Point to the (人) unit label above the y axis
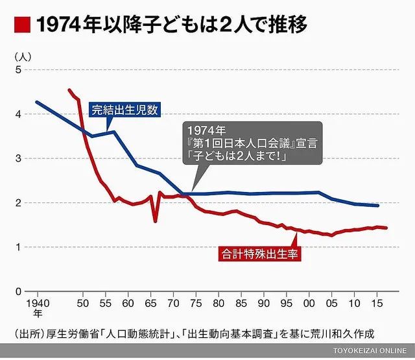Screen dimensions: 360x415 click(x=21, y=56)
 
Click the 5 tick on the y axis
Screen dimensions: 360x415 click(x=18, y=70)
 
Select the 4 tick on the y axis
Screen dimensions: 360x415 click(x=18, y=114)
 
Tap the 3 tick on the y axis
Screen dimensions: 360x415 click(x=18, y=158)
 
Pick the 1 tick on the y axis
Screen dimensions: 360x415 click(x=18, y=247)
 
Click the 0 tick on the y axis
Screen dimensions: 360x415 click(x=18, y=291)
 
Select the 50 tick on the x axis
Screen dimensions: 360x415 click(x=84, y=303)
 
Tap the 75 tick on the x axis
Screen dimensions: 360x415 click(x=195, y=303)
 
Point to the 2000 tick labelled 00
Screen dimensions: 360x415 click(x=309, y=303)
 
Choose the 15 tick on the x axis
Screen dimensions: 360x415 click(x=376, y=303)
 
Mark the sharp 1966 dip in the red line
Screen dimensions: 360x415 click(x=155, y=221)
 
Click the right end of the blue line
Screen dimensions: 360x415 click(x=378, y=206)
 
